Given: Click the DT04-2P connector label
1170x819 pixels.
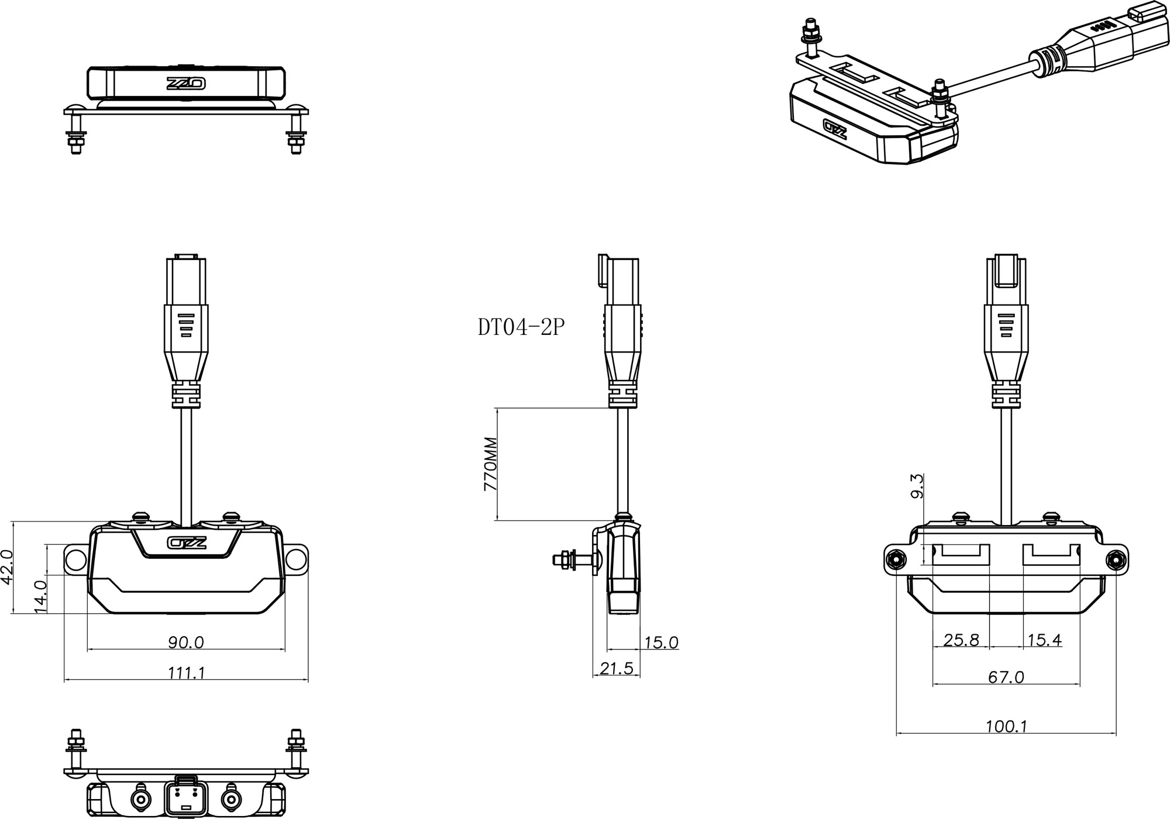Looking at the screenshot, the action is (x=521, y=328).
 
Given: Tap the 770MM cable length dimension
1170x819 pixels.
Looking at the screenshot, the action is (x=491, y=464).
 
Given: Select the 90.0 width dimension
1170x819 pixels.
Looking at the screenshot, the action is (x=186, y=642).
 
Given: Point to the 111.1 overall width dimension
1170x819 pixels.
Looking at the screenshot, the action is (x=186, y=673).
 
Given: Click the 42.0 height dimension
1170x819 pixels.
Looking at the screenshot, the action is (x=7, y=566).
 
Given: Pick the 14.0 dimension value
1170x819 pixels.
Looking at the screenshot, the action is (x=40, y=596).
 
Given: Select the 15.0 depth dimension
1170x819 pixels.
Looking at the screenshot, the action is (x=661, y=642).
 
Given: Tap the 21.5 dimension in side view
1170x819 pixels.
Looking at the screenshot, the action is (x=617, y=668).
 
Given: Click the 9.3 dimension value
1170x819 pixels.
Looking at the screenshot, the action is (x=917, y=486).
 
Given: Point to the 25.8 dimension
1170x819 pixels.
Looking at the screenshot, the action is (x=961, y=640).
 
